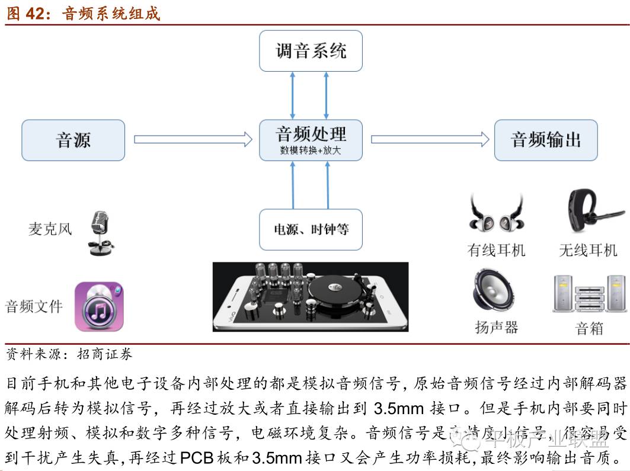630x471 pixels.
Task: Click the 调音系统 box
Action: [311, 52]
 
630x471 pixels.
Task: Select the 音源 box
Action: [73, 140]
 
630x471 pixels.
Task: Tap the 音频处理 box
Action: [311, 140]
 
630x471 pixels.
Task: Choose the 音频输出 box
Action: [545, 140]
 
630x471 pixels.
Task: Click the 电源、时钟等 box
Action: [311, 229]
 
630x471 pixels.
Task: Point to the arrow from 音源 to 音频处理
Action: [193, 139]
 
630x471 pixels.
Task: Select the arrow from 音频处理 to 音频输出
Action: [430, 139]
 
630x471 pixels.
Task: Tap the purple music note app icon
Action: [98, 306]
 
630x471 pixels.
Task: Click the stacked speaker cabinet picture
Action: [589, 294]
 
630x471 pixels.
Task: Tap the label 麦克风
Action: [50, 229]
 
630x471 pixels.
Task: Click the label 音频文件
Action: [34, 306]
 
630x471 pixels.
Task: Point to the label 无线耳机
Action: [588, 251]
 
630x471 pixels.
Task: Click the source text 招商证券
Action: [105, 355]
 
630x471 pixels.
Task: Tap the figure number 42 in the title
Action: [36, 12]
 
